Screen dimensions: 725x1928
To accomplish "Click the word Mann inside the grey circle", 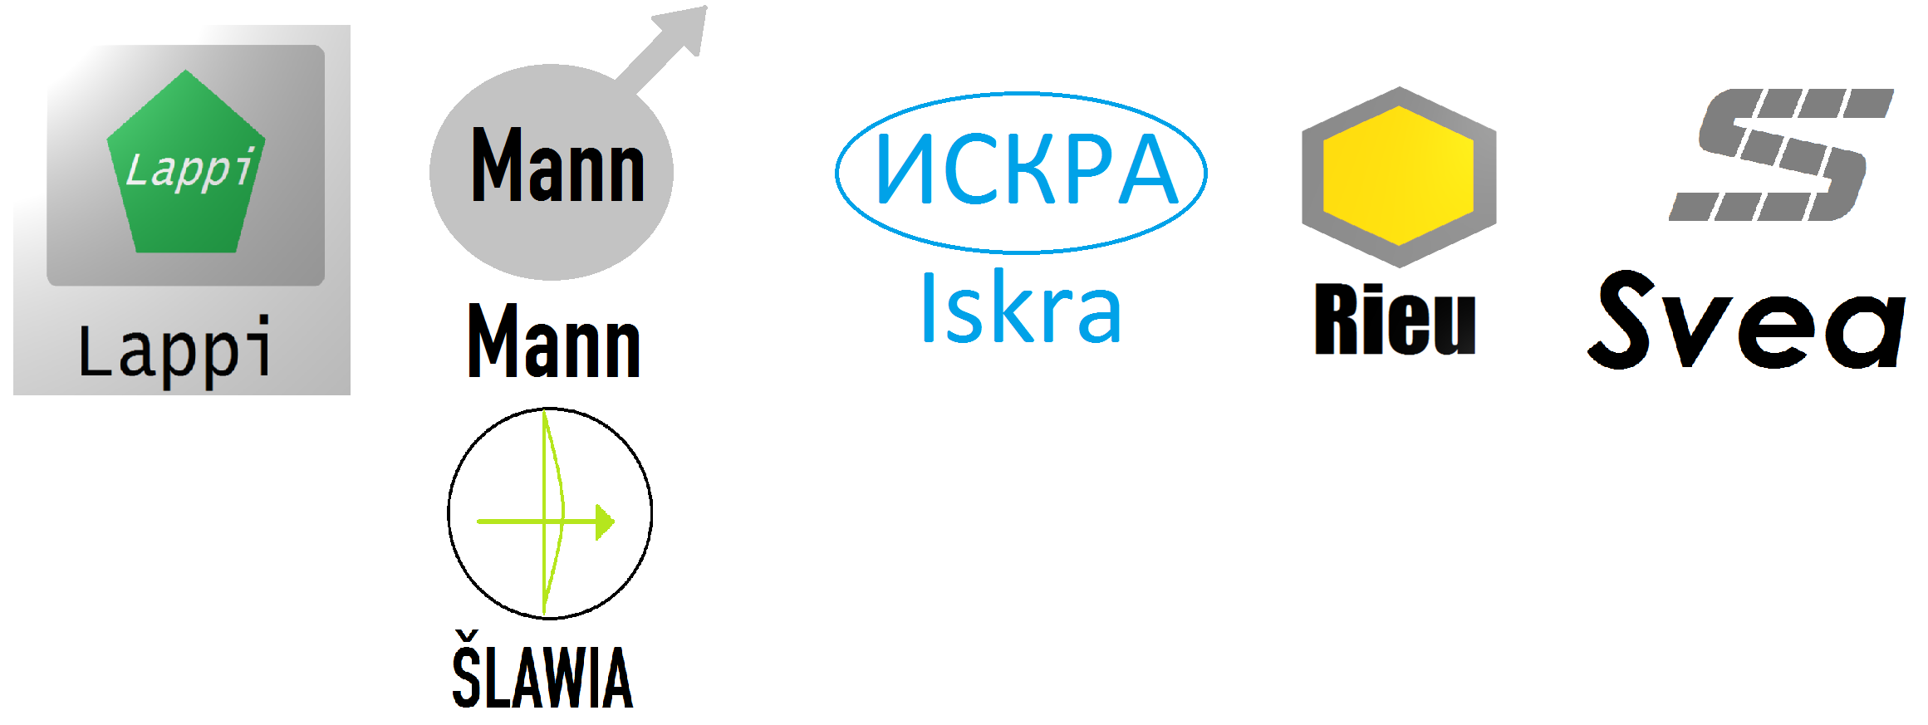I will pos(557,166).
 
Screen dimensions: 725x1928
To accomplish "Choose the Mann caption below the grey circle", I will pos(554,341).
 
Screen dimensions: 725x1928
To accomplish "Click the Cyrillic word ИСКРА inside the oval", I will pos(1027,169).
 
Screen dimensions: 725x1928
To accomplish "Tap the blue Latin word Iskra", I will pos(1021,308).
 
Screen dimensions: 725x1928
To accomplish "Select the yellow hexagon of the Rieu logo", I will pos(1398,175).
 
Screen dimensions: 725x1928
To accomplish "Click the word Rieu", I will pos(1395,320).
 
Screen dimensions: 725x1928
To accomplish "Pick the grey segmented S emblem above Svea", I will pos(1782,154).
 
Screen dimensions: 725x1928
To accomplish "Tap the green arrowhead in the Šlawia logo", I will pos(606,522).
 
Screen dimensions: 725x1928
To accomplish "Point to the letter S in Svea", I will pos(1625,319).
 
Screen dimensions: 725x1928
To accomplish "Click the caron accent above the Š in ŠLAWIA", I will pos(466,639).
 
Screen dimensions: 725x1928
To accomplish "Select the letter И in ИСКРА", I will pos(905,169).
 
